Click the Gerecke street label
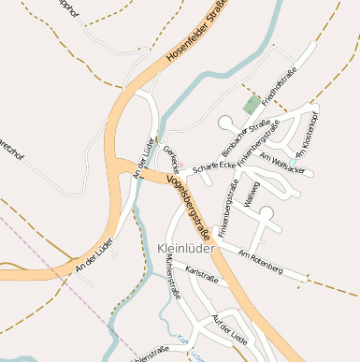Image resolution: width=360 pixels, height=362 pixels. (170, 156)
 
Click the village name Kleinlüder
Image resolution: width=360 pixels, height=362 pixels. (187, 249)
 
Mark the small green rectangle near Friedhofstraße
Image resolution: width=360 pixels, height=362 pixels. (252, 104)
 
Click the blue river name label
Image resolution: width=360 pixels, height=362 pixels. (190, 349)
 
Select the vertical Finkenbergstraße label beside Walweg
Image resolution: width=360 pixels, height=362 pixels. (224, 200)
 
